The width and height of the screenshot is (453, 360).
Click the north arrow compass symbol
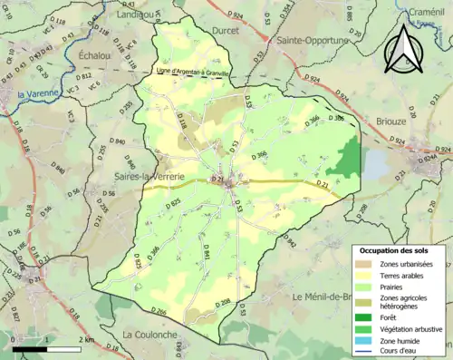click(x=402, y=49)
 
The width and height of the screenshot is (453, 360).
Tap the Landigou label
click(x=135, y=15)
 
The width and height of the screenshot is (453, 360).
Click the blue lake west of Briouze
click(x=373, y=163)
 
